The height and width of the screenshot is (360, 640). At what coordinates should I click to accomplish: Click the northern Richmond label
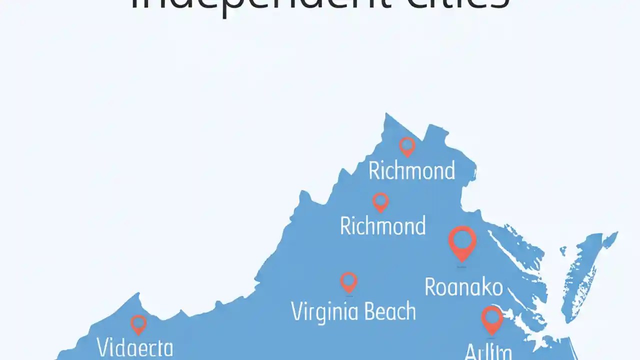pos(411,171)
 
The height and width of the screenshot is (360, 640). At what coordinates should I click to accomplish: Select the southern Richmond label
pos(382,226)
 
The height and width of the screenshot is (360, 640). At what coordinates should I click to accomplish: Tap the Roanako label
pos(463,287)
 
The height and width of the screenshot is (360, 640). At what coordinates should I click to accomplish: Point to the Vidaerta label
pos(135,347)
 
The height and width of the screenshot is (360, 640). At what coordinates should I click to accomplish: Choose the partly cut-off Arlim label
pos(488,352)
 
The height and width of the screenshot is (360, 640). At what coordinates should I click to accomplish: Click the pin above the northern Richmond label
pos(407,146)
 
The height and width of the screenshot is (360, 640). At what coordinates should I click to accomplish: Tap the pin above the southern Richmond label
pos(380,201)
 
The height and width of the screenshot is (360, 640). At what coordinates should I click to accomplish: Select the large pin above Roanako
pos(462,241)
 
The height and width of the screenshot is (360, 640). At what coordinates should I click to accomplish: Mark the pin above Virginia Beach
pos(348,281)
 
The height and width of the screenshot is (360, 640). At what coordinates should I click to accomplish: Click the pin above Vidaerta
pos(138,324)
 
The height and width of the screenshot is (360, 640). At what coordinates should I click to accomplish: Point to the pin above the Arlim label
pos(492,319)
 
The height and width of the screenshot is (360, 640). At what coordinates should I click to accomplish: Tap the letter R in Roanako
pos(430,287)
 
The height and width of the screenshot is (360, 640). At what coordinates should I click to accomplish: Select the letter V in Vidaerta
pos(103,347)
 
